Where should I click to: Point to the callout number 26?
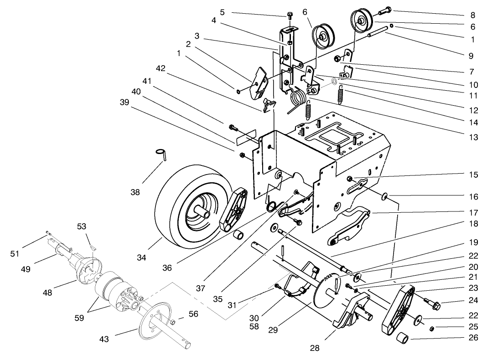[473, 338]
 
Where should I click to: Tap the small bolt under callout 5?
[290, 17]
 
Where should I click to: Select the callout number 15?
[473, 175]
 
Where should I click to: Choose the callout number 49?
[26, 270]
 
